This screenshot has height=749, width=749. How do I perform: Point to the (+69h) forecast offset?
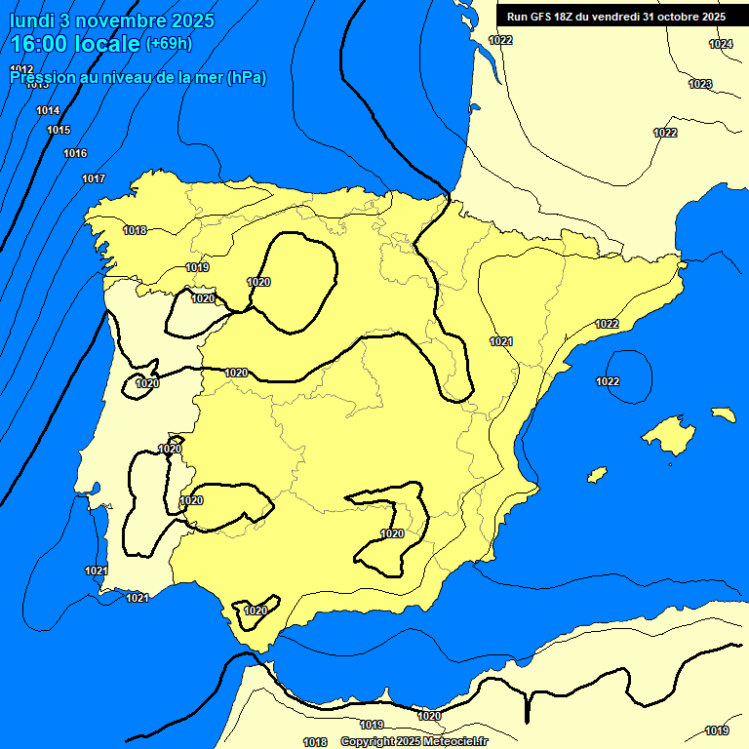coord(169,44)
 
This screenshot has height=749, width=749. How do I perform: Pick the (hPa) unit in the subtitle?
coord(246,77)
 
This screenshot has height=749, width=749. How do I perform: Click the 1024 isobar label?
coord(721,45)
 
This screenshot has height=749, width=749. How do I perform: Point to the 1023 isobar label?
coord(700,84)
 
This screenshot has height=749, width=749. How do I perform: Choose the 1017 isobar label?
coord(94,178)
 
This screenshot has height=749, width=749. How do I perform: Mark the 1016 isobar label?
coord(75,153)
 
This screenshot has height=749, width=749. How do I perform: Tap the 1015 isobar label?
coord(59,130)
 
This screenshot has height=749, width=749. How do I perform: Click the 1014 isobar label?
coord(48,110)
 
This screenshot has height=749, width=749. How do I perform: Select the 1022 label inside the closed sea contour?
coord(608,381)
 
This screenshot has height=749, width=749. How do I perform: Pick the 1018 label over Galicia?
coord(135,230)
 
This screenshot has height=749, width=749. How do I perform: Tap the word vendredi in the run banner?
coord(618,16)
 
